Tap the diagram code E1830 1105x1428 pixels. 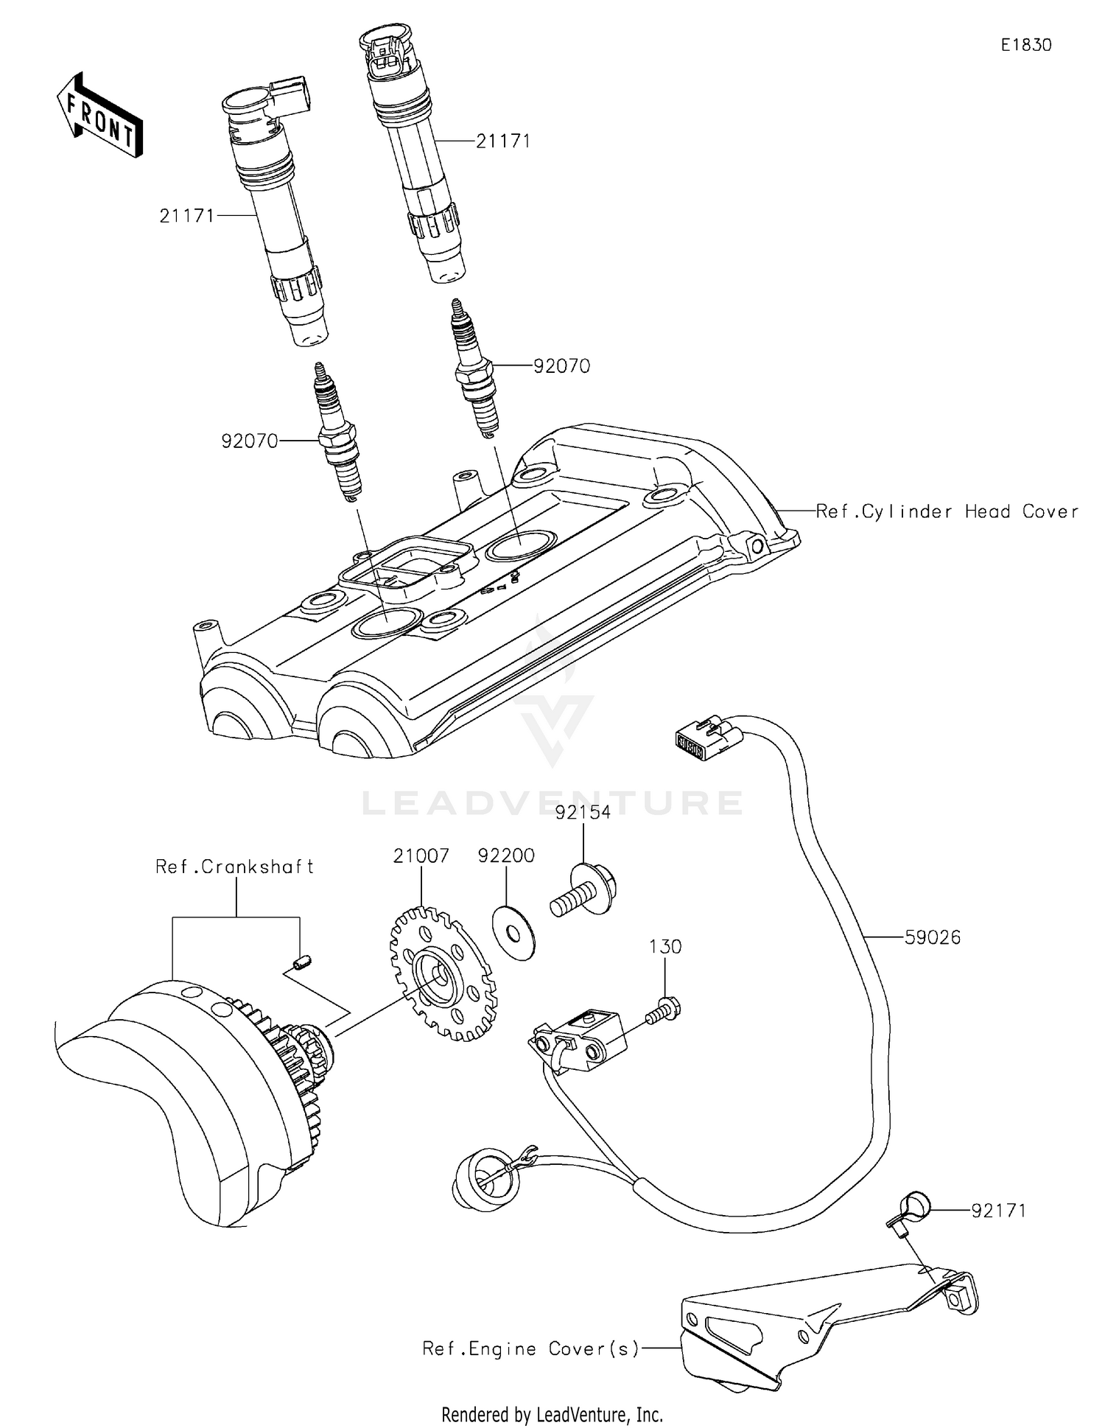[x=1025, y=45]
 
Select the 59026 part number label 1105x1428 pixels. [x=933, y=937]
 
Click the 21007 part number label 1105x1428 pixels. [x=421, y=855]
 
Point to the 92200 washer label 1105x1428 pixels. [x=506, y=855]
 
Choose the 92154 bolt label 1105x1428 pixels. [x=583, y=812]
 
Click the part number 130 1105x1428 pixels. [x=665, y=946]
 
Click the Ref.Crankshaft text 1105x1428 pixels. [x=235, y=867]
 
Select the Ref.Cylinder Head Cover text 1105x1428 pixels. [x=947, y=511]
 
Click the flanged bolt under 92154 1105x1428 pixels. [x=585, y=892]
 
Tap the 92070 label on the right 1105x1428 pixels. [x=561, y=366]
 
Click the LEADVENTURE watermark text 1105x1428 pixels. [x=552, y=802]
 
